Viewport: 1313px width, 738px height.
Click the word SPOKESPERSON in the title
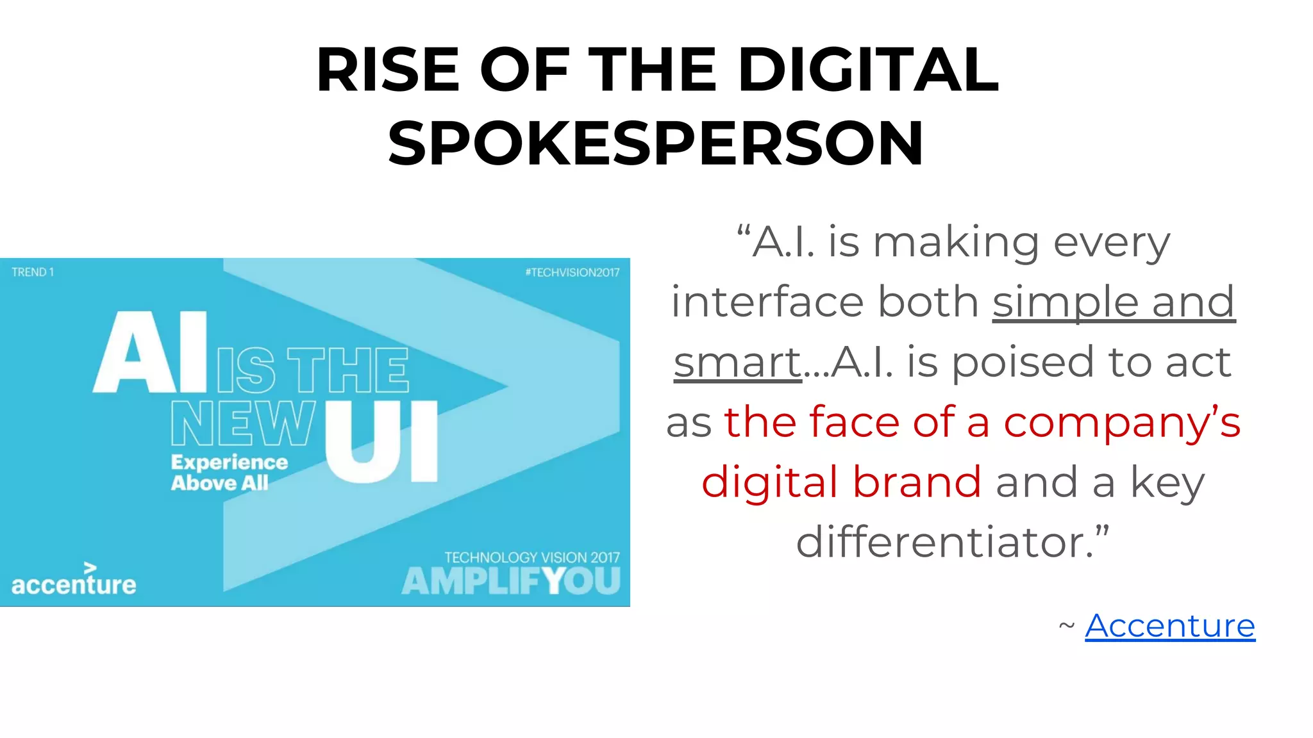pyautogui.click(x=655, y=143)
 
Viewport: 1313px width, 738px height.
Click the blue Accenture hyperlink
pyautogui.click(x=1169, y=626)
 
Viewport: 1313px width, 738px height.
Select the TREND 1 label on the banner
pyautogui.click(x=33, y=272)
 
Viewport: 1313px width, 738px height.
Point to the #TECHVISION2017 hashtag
pyautogui.click(x=572, y=272)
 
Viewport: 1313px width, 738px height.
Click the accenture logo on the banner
pyautogui.click(x=74, y=580)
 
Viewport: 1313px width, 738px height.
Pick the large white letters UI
pyautogui.click(x=382, y=442)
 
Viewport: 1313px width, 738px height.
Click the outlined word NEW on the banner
pyautogui.click(x=244, y=423)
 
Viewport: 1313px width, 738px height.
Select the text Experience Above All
pyautogui.click(x=229, y=472)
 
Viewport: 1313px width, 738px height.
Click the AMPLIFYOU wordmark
pyautogui.click(x=511, y=582)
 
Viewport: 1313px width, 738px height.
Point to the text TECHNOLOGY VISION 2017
pyautogui.click(x=532, y=557)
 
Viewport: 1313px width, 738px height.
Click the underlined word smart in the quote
pyautogui.click(x=737, y=363)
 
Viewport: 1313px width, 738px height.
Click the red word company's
pyautogui.click(x=1122, y=423)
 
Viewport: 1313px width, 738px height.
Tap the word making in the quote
pyautogui.click(x=956, y=243)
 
